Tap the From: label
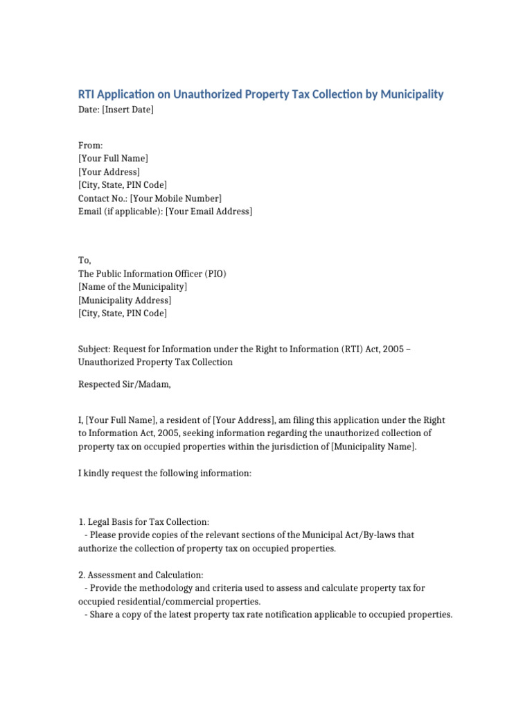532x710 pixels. pyautogui.click(x=91, y=145)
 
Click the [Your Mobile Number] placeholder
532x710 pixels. pyautogui.click(x=176, y=198)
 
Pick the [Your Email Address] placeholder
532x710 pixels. pyautogui.click(x=209, y=211)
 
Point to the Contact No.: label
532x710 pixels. pyautogui.click(x=103, y=198)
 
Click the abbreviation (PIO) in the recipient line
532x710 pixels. pyautogui.click(x=212, y=274)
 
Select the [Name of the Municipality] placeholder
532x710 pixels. pyautogui.click(x=133, y=287)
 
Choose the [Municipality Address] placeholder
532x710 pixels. pyautogui.click(x=125, y=300)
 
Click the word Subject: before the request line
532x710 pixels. pyautogui.click(x=94, y=349)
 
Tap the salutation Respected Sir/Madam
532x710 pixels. pyautogui.click(x=124, y=384)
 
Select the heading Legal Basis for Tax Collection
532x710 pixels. pyautogui.click(x=148, y=521)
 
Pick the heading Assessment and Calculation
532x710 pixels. pyautogui.click(x=145, y=575)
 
